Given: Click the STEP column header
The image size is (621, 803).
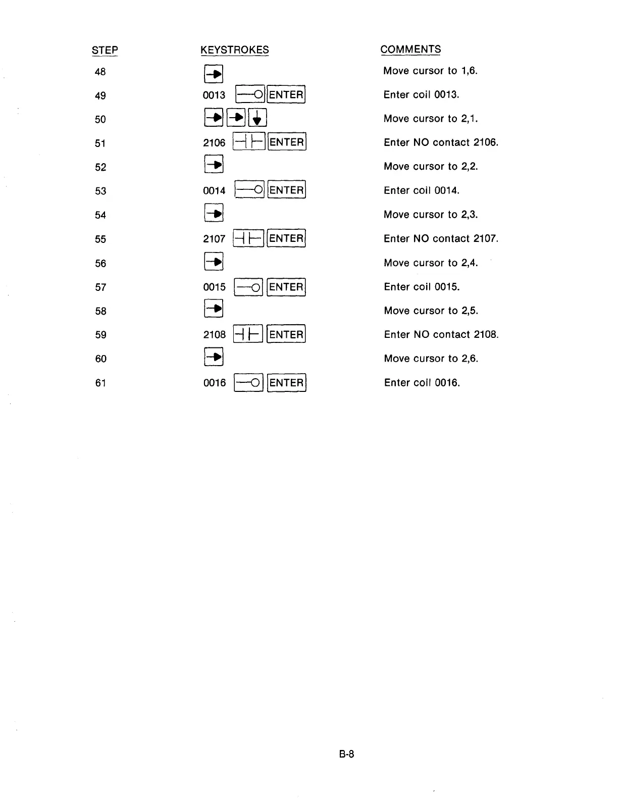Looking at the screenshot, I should (105, 50).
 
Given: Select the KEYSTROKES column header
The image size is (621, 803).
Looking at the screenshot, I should (234, 50).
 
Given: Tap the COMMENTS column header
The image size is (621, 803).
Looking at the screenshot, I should (410, 49).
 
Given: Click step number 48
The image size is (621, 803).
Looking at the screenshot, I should (100, 72).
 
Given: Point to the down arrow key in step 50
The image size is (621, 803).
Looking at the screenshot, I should (257, 119).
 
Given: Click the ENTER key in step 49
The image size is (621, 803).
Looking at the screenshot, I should (286, 94).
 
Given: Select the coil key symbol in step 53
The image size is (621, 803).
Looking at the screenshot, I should (250, 190).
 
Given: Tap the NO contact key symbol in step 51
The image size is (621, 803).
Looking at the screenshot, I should (248, 142).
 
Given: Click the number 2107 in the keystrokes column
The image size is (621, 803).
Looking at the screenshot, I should (214, 238).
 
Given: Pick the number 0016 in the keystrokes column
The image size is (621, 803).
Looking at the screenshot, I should (215, 383).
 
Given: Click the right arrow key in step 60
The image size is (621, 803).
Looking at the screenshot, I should (214, 358).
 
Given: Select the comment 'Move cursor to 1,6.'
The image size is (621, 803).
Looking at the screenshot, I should (430, 71).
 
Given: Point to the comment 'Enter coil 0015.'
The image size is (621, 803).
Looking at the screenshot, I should (422, 287).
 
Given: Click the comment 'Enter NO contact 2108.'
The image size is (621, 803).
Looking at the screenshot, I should (441, 334).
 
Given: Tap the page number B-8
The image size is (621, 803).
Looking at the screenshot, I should (346, 755).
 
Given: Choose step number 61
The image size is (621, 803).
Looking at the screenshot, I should (100, 383).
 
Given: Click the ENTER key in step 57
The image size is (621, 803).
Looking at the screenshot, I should (286, 287).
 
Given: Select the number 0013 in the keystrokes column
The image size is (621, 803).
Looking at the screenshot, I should (214, 95).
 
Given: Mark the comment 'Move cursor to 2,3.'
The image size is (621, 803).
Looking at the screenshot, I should (431, 215).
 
